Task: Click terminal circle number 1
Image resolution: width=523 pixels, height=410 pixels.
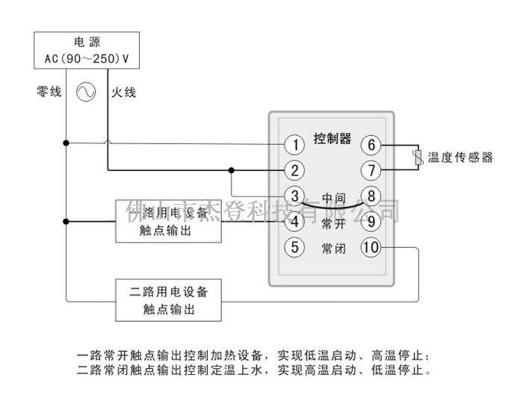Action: click(x=296, y=144)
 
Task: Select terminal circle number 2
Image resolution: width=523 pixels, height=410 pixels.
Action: click(x=296, y=170)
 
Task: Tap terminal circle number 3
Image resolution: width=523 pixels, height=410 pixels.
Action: click(x=296, y=196)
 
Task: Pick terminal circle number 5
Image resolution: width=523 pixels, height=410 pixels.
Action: click(x=296, y=247)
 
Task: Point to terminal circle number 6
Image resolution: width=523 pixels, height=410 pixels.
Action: click(x=371, y=144)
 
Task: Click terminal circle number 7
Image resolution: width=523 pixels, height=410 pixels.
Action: click(x=371, y=170)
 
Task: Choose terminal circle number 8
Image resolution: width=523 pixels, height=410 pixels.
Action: click(x=371, y=196)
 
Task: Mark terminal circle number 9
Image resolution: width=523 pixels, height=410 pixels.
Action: click(x=371, y=222)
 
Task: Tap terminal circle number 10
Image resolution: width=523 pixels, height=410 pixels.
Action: click(x=371, y=247)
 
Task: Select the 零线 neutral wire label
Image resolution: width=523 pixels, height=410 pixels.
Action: click(x=49, y=93)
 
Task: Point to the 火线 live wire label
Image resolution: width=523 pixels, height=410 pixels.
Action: click(x=124, y=93)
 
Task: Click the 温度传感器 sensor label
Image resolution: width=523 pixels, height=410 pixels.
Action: click(x=460, y=158)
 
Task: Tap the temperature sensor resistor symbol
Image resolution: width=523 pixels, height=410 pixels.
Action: click(x=418, y=157)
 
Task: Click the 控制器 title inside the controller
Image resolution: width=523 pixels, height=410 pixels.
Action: click(x=332, y=138)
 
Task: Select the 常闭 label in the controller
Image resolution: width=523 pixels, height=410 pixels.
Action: click(x=333, y=248)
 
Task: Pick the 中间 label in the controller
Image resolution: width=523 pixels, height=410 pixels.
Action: click(x=333, y=198)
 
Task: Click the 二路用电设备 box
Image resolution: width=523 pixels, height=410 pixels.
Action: click(x=170, y=300)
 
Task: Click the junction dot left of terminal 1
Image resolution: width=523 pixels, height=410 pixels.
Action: click(x=66, y=143)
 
